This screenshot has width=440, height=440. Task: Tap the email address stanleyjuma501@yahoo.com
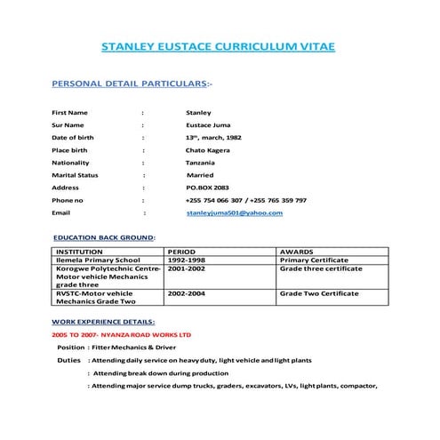coord(234,213)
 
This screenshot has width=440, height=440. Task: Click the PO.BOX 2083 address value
coord(207,188)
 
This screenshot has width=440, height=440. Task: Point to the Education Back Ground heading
coord(104,238)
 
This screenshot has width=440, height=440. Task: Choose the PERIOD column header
coord(183,252)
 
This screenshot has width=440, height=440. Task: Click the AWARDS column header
coord(297,252)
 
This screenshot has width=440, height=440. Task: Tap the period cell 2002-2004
coord(187,292)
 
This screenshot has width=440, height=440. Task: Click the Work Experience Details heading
coord(103,320)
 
